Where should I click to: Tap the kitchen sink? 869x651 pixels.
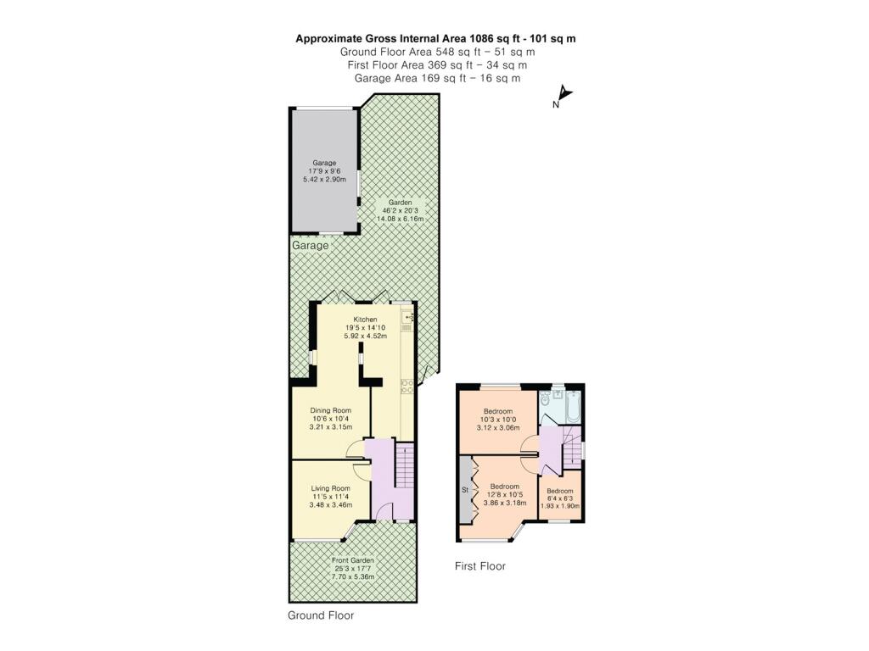pyautogui.click(x=407, y=319)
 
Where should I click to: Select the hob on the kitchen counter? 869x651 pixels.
pyautogui.click(x=406, y=387)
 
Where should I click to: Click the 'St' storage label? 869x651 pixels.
pyautogui.click(x=465, y=491)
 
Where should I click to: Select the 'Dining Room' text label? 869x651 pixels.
pyautogui.click(x=330, y=409)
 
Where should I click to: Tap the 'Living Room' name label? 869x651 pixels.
pyautogui.click(x=330, y=488)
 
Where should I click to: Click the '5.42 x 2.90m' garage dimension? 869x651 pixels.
pyautogui.click(x=324, y=181)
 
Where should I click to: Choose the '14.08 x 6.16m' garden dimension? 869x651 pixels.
pyautogui.click(x=400, y=219)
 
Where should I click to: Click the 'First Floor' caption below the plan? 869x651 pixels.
pyautogui.click(x=480, y=566)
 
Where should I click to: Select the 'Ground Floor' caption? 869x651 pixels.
pyautogui.click(x=321, y=615)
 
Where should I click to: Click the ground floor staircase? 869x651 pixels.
pyautogui.click(x=403, y=479)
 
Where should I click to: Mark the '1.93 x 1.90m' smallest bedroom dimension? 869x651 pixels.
pyautogui.click(x=560, y=506)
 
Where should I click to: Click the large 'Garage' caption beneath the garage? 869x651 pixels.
pyautogui.click(x=310, y=245)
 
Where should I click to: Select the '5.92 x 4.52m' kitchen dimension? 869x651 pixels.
pyautogui.click(x=365, y=336)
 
